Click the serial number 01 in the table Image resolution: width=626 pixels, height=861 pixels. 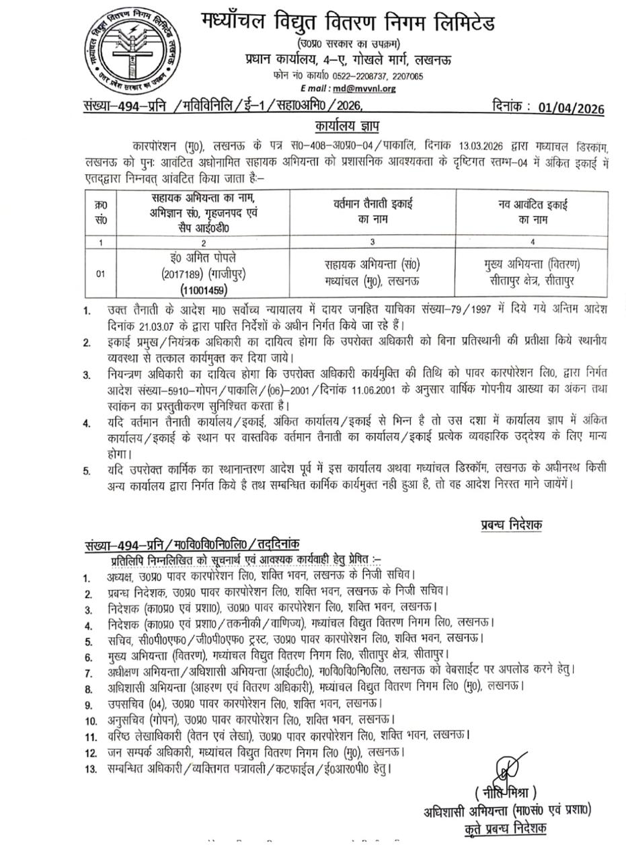click(x=101, y=274)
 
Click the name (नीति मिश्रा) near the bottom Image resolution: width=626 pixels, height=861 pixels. click(x=506, y=791)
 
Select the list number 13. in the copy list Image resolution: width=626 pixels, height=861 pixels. click(x=90, y=767)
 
